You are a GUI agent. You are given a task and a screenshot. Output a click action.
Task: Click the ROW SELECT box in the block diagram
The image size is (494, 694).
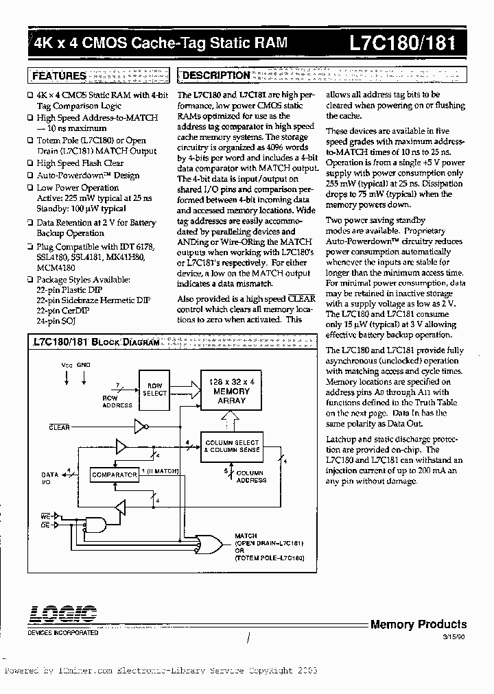(154, 389)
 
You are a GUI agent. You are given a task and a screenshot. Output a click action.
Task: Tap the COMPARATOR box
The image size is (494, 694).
(114, 475)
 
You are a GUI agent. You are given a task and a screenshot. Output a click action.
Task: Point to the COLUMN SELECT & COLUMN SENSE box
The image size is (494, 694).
(232, 446)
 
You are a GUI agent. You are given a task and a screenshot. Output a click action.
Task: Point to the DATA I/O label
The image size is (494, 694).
(49, 477)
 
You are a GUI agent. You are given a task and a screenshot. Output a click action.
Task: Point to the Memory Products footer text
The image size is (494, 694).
(418, 624)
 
